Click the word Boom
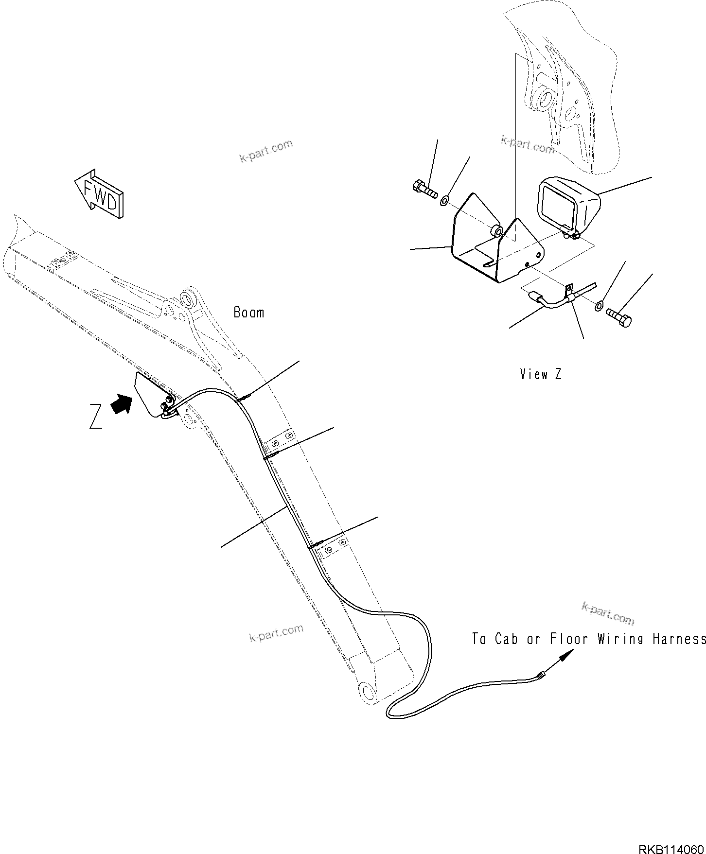pyautogui.click(x=249, y=313)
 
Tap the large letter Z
pyautogui.click(x=96, y=417)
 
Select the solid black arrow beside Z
pyautogui.click(x=122, y=404)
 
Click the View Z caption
pyautogui.click(x=540, y=374)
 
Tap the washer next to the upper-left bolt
pyautogui.click(x=444, y=199)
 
